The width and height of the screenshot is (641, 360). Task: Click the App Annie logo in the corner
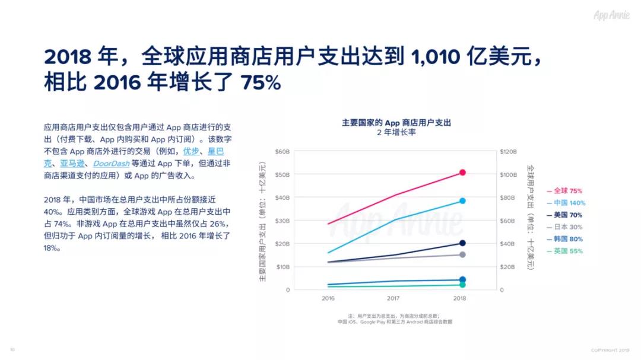point(611,15)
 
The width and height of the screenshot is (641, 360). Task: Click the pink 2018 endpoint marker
point(462,173)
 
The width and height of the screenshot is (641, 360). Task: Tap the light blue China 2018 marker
point(462,201)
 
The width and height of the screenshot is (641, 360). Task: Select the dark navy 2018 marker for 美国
point(462,243)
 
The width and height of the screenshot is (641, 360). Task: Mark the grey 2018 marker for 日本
point(462,255)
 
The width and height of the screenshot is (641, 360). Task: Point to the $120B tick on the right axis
point(510,152)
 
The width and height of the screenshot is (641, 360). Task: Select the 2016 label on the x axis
point(328,298)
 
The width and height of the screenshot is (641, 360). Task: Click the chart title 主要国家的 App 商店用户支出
point(396,122)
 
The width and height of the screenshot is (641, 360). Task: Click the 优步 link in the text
point(191,151)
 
